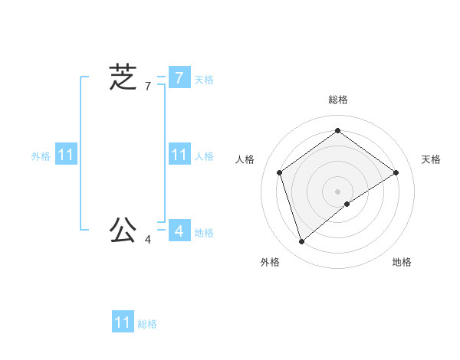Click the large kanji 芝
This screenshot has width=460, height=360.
pos(123,77)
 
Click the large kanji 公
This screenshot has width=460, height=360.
pos(123,229)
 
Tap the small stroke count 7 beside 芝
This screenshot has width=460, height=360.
pos(148,87)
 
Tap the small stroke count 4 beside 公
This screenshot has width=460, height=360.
pos(148,240)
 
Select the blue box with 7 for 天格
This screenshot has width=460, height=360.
pos(179,77)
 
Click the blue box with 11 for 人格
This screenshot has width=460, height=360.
pos(179,155)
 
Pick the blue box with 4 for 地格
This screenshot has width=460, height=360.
pos(179,230)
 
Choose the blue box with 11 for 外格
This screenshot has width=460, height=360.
pos(65,155)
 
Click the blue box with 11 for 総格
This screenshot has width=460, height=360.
pos(123,322)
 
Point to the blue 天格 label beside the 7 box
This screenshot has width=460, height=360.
pos(204,80)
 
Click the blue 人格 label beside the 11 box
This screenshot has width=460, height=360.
pos(204,156)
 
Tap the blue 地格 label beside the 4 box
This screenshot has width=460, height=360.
pos(204,233)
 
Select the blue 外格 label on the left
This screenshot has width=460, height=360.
pos(41,156)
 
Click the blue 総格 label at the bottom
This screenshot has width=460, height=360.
pos(147,324)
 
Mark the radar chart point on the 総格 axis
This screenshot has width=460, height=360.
pos(337,131)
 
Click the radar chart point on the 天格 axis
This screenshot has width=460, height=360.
pos(396,172)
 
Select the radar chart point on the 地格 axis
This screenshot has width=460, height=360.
pos(347,204)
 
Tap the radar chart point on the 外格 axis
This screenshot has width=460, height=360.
pos(301,242)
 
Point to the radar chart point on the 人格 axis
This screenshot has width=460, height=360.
pos(279,172)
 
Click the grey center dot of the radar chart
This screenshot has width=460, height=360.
pos(337,191)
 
